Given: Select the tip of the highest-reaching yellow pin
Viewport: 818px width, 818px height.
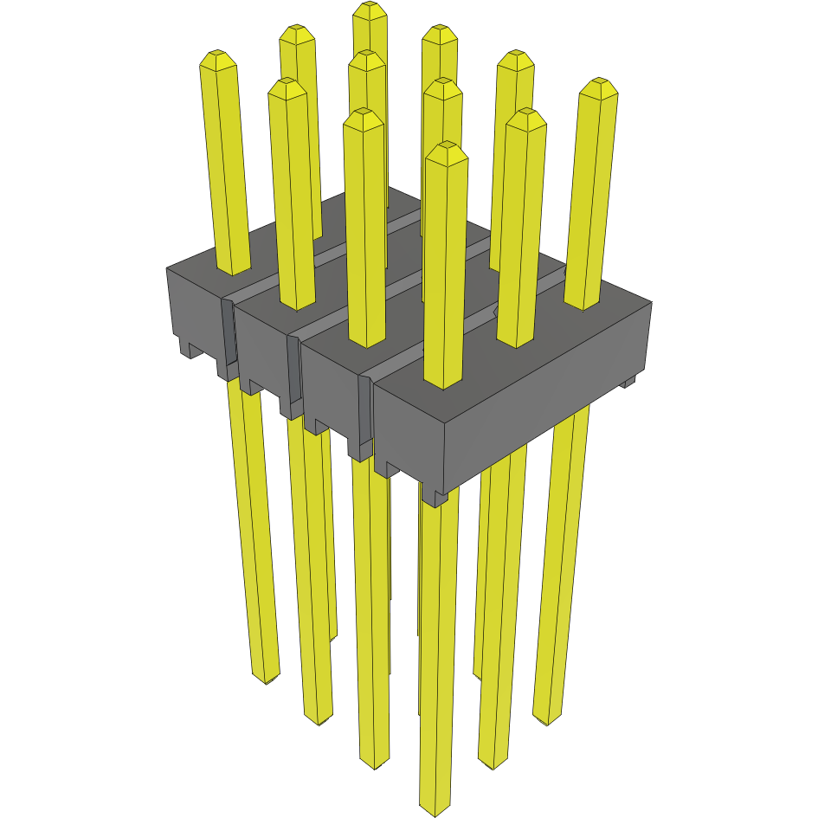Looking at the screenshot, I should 370,8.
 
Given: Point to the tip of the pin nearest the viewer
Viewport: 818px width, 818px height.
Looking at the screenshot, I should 446,149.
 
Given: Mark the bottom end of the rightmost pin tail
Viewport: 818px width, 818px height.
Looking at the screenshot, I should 547,718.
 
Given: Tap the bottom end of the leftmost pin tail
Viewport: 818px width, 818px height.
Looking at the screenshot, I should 265,678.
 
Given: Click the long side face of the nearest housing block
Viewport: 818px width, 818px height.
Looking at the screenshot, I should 545,390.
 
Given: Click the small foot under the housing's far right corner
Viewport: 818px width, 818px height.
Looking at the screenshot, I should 629,380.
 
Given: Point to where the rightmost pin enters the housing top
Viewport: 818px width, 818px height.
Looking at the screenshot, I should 583,303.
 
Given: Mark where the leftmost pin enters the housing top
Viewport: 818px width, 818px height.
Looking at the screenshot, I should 233,268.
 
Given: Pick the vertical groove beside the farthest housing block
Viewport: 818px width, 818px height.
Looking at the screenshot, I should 229,333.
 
